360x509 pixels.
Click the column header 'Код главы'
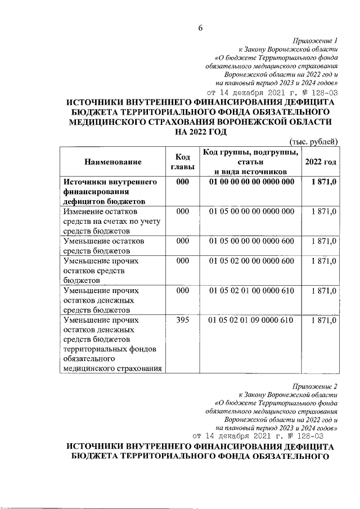click(182, 162)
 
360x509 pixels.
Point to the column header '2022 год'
click(321, 162)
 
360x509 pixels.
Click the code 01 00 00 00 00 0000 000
click(251, 182)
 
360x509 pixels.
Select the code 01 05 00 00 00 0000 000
click(251, 211)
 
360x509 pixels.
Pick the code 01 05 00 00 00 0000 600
click(251, 241)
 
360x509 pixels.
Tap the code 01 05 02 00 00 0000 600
click(251, 261)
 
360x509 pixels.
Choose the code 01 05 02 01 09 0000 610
click(251, 320)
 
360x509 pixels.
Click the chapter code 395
click(182, 320)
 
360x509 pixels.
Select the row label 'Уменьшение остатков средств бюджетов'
click(104, 245)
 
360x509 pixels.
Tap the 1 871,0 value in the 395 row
click(323, 320)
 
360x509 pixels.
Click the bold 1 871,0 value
click(323, 182)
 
